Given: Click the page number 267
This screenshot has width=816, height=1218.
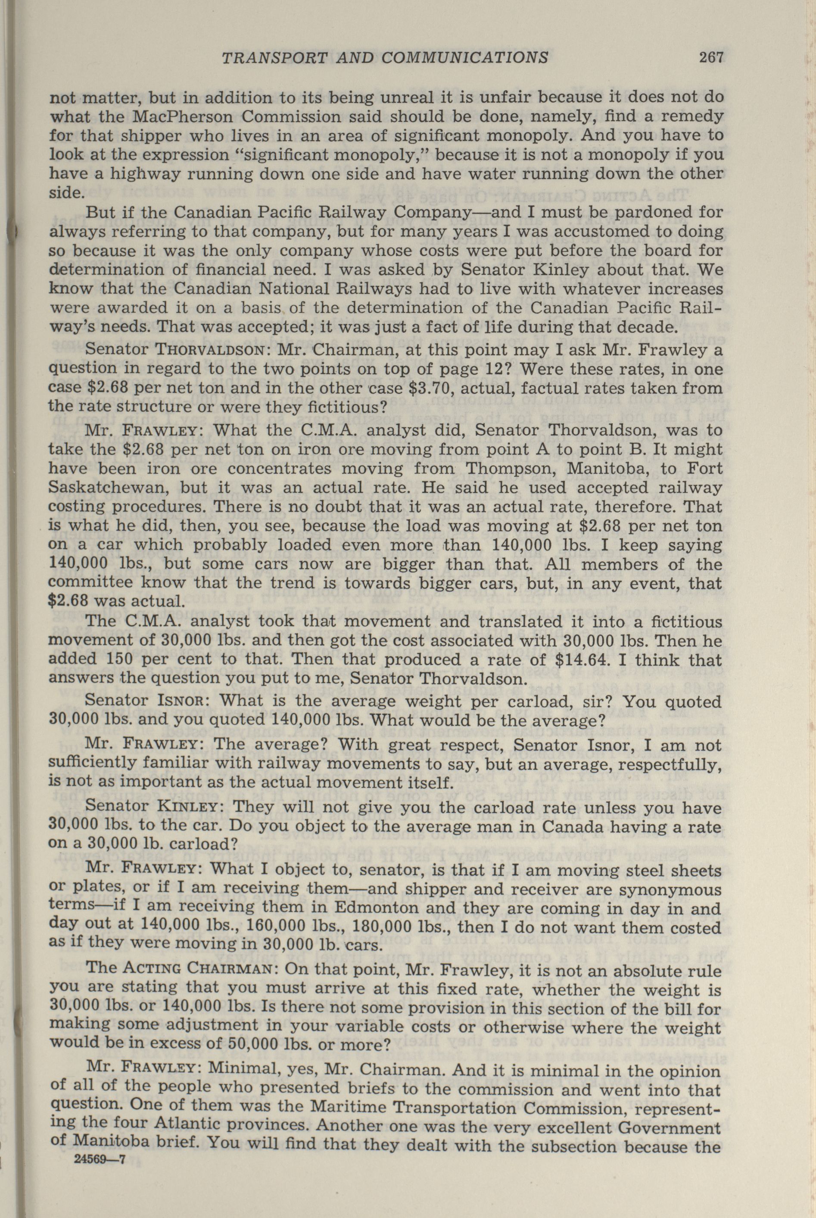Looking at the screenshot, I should point(711,57).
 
